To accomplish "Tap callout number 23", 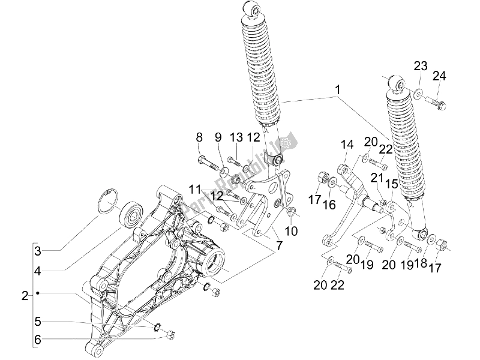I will coord(419,66).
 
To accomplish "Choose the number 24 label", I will coord(440,76).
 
